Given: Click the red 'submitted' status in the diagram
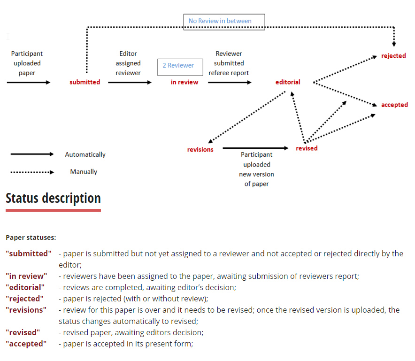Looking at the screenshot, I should (85, 82).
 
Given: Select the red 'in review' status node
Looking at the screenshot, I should (184, 82).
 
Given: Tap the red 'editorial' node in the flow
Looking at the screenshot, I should (288, 82).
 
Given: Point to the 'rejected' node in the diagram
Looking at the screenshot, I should (393, 56).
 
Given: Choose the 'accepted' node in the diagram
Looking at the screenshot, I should (394, 105).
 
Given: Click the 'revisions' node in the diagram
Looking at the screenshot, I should (200, 150).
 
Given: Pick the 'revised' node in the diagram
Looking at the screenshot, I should (307, 148).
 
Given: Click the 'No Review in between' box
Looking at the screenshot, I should (224, 22).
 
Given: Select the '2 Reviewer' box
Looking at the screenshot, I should (180, 66).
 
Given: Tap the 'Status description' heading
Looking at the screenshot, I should (53, 198).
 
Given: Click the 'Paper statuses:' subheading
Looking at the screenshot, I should (31, 238).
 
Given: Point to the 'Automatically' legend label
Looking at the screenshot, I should (85, 154).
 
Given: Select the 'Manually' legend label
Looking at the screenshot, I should (84, 172).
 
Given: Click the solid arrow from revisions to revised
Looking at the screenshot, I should (255, 148).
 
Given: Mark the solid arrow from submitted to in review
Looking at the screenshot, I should (130, 82).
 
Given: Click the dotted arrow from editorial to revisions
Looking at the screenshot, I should (246, 117).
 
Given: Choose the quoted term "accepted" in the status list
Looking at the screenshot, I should (26, 344).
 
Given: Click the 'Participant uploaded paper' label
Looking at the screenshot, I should (27, 63).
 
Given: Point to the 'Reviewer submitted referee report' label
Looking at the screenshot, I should (229, 63).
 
